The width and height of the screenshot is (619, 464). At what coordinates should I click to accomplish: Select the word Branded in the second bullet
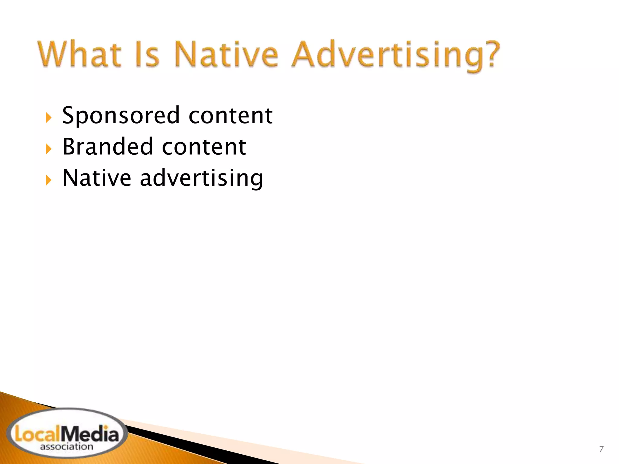[108, 147]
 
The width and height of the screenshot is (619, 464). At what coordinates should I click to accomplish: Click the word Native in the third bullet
[97, 178]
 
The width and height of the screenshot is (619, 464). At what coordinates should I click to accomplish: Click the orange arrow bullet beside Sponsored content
[49, 118]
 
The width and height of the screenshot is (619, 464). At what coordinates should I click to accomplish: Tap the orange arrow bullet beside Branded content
[49, 149]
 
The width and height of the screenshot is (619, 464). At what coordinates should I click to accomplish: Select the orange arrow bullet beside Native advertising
[49, 180]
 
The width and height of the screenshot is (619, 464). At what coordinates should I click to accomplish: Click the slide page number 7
[601, 449]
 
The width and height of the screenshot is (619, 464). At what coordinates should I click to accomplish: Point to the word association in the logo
[66, 447]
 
